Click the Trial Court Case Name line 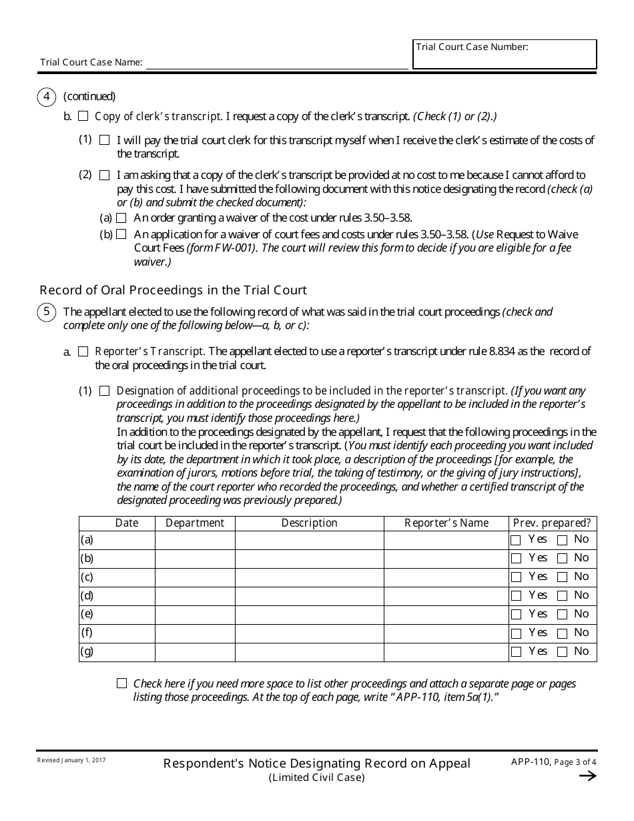(x=276, y=63)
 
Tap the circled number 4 (x=46, y=97)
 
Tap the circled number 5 (x=46, y=312)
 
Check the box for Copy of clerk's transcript (x=83, y=116)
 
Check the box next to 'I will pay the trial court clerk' (x=105, y=141)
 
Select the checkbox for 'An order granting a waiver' (x=121, y=218)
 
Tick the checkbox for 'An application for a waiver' (x=121, y=234)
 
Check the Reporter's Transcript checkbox (x=83, y=352)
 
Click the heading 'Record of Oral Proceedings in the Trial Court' (x=174, y=290)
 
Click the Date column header (x=127, y=523)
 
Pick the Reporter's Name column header (x=446, y=523)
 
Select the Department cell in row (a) (x=195, y=540)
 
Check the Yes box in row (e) (x=516, y=615)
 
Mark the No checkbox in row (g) (x=563, y=652)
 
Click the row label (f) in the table (x=87, y=633)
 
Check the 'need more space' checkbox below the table (x=121, y=683)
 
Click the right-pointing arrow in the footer (x=587, y=776)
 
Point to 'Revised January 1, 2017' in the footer (x=71, y=760)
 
